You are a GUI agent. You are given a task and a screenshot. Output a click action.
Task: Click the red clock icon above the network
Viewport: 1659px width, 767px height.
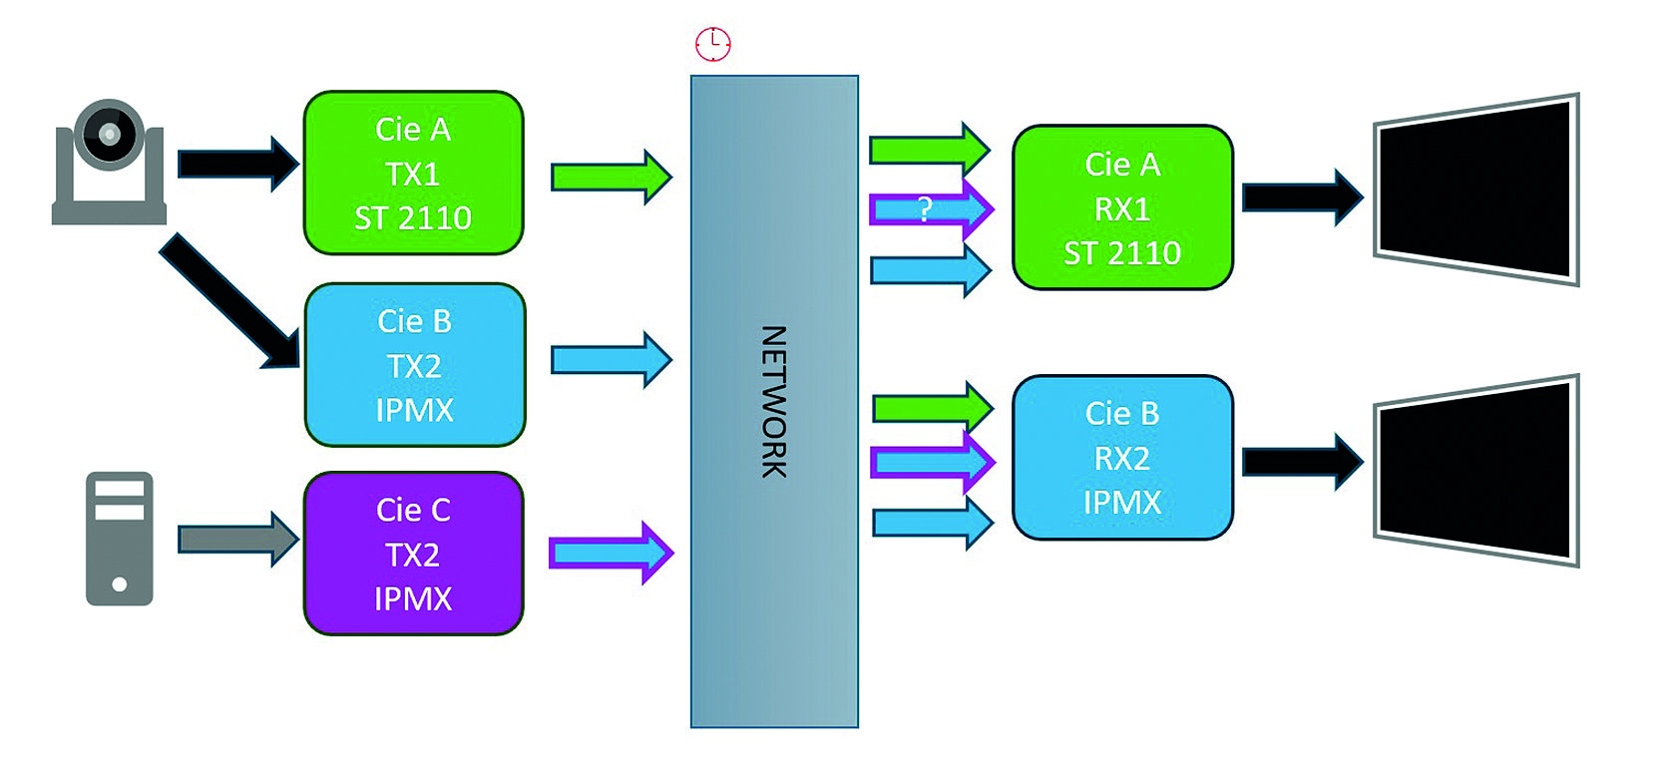tap(712, 44)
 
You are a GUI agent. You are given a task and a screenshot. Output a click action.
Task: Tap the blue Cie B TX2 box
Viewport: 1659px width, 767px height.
tap(414, 364)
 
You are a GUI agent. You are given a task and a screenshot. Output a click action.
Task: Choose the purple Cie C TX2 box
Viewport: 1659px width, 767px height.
tap(413, 554)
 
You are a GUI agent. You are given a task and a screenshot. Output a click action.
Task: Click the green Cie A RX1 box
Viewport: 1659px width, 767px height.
tap(1122, 207)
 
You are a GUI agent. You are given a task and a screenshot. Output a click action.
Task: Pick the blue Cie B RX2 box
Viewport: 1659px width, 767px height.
tap(1122, 458)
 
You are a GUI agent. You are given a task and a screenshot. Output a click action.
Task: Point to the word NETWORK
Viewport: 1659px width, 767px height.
tap(774, 401)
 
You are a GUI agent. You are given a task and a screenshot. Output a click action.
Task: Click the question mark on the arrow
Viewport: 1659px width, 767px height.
tap(925, 209)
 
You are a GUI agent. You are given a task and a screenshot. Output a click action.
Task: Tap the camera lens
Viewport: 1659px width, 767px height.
tap(109, 134)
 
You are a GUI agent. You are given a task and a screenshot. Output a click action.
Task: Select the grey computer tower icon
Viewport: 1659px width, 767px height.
tap(120, 539)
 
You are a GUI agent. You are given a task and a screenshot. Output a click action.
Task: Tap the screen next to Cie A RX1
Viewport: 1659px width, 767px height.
tap(1474, 191)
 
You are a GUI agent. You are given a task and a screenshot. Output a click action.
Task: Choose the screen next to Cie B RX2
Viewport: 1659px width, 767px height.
tap(1474, 471)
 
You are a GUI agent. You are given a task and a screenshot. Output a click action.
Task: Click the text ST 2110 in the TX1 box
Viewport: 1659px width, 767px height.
tap(413, 217)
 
